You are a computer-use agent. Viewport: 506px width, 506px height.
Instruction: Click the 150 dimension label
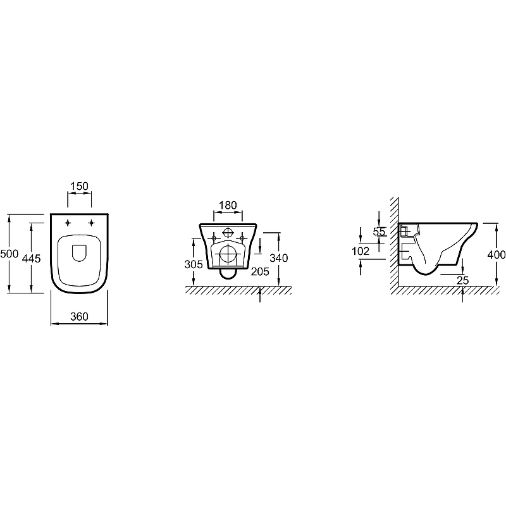point(80,186)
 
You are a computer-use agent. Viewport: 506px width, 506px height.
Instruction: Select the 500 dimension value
point(9,254)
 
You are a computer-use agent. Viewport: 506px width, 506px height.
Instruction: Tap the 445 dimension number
point(31,259)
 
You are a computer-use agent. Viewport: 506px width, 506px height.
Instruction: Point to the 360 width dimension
point(80,317)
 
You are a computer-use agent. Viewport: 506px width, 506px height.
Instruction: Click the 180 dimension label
point(228,205)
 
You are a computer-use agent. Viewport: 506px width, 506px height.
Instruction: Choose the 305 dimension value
point(194,264)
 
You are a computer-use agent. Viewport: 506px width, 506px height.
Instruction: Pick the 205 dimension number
point(260,272)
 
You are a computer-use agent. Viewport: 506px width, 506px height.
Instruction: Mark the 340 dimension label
point(279,258)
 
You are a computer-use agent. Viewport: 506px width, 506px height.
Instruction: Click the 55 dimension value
point(379,231)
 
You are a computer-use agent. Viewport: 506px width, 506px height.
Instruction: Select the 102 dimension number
point(360,251)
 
